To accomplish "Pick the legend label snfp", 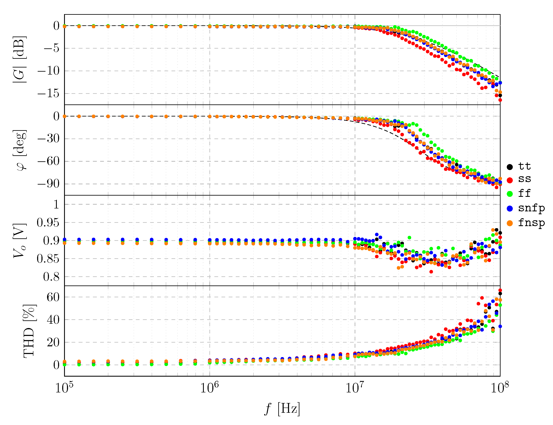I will pyautogui.click(x=531, y=208).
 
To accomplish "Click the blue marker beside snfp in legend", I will pyautogui.click(x=510, y=208).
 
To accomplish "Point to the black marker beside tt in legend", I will pyautogui.click(x=510, y=167).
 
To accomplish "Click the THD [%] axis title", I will pyautogui.click(x=29, y=331).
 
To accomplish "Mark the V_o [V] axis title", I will pyautogui.click(x=20, y=241).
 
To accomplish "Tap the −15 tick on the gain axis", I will pyautogui.click(x=49, y=94).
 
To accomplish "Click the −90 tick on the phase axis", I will pyautogui.click(x=49, y=184).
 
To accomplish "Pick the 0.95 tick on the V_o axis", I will pyautogui.click(x=48, y=223).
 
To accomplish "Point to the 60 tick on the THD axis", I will pyautogui.click(x=53, y=297).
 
